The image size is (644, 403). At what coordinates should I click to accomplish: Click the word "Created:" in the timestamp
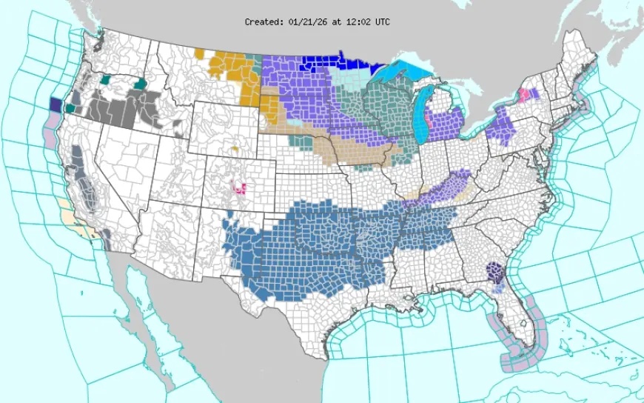262,22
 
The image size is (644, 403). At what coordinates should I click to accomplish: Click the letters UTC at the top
382,22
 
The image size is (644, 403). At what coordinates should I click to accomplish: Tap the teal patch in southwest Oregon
70,108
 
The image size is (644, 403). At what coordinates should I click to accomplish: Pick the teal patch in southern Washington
105,78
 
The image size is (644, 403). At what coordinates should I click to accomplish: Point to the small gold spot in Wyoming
235,149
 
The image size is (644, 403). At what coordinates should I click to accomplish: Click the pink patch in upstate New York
524,95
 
